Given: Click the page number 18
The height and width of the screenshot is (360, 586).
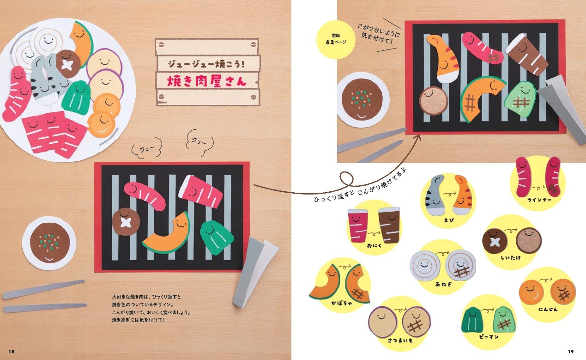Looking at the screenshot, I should point(12,351).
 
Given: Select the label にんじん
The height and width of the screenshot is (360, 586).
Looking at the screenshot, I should point(548,309).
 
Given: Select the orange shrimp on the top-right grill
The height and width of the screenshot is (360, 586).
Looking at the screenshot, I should point(443,58).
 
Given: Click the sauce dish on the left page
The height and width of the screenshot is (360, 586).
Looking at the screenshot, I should point(49,243).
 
